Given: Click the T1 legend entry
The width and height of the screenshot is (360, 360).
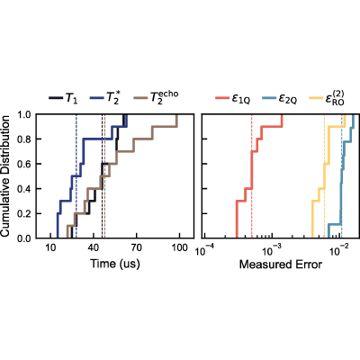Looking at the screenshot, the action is pyautogui.click(x=63, y=98).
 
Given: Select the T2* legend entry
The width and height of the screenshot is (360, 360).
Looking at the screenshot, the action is pyautogui.click(x=104, y=98).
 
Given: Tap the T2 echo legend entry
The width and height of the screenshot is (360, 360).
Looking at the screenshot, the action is pyautogui.click(x=156, y=97).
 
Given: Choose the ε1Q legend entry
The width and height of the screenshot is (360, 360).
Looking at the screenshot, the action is pyautogui.click(x=232, y=98).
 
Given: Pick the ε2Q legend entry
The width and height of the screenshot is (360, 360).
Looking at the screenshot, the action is pyautogui.click(x=280, y=98).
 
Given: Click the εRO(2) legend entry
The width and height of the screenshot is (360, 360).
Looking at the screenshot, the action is pyautogui.click(x=327, y=98).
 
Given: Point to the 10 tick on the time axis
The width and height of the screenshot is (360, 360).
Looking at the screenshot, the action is pyautogui.click(x=50, y=247).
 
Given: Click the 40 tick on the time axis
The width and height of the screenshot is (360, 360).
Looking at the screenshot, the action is pyautogui.click(x=94, y=247).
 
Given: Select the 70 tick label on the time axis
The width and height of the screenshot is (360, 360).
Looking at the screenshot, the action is pyautogui.click(x=137, y=247).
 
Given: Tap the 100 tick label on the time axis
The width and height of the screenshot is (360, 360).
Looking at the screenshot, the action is pyautogui.click(x=179, y=247).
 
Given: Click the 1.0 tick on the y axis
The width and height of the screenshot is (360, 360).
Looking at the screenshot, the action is pyautogui.click(x=24, y=114).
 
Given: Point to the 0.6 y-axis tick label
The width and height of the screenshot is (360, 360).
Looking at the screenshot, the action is pyautogui.click(x=24, y=164).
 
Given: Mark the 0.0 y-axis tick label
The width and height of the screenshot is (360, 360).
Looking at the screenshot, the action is pyautogui.click(x=24, y=238).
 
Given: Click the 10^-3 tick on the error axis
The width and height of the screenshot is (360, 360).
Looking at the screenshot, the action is pyautogui.click(x=272, y=249).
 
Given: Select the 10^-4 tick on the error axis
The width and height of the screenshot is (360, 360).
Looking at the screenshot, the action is pyautogui.click(x=204, y=249).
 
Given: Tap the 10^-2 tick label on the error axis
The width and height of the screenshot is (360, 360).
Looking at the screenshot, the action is pyautogui.click(x=340, y=249).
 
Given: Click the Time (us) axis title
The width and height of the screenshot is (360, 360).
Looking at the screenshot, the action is pyautogui.click(x=115, y=264).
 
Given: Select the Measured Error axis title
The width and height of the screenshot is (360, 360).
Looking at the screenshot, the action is pyautogui.click(x=281, y=265).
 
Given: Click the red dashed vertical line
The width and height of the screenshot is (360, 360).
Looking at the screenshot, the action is pyautogui.click(x=252, y=176).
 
